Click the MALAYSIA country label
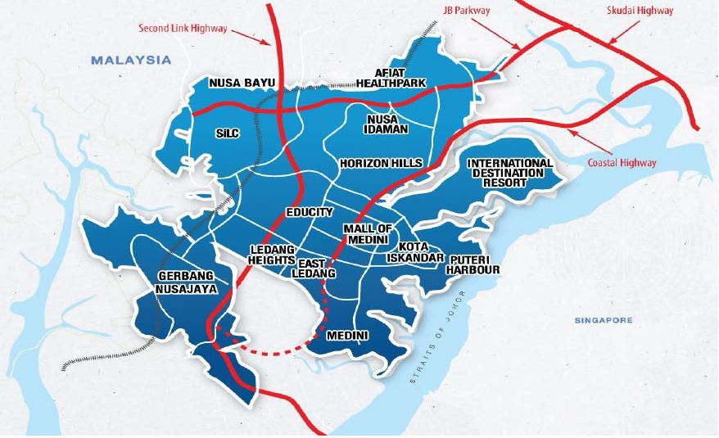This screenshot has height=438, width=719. point(131,60)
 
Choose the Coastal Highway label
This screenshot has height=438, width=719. point(622,163)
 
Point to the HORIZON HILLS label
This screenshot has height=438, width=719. point(381,164)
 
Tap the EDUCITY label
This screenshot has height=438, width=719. point(310,212)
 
